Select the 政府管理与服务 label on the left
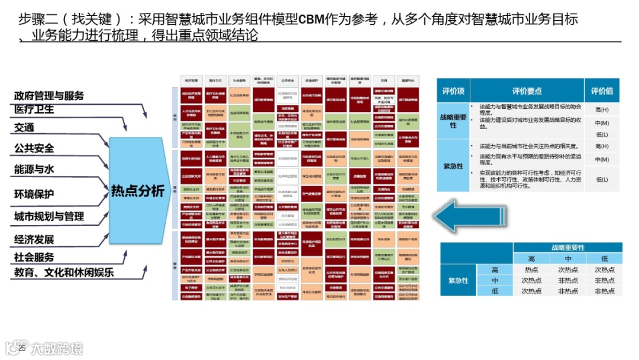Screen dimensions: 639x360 pyautogui.click(x=49, y=95)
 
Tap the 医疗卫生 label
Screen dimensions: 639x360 pyautogui.click(x=34, y=110)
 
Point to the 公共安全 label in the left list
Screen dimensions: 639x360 pyautogui.click(x=34, y=148)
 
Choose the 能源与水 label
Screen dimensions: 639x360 pyautogui.click(x=34, y=169)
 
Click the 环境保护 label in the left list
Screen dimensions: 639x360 pyautogui.click(x=34, y=194)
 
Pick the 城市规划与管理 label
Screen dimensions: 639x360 pyautogui.click(x=49, y=217)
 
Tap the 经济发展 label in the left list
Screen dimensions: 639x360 pyautogui.click(x=34, y=239)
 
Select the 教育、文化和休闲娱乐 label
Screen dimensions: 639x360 pyautogui.click(x=64, y=272)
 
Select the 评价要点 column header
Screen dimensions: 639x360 pyautogui.click(x=527, y=91)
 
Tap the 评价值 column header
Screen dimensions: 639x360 pyautogui.click(x=602, y=91)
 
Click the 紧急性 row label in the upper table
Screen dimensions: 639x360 pyautogui.click(x=453, y=165)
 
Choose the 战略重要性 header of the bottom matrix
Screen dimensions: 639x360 pyautogui.click(x=567, y=247)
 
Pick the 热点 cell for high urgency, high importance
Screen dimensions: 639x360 pyautogui.click(x=531, y=270)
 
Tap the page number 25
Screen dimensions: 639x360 pyautogui.click(x=22, y=348)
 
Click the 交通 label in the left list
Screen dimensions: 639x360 pyautogui.click(x=24, y=127)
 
